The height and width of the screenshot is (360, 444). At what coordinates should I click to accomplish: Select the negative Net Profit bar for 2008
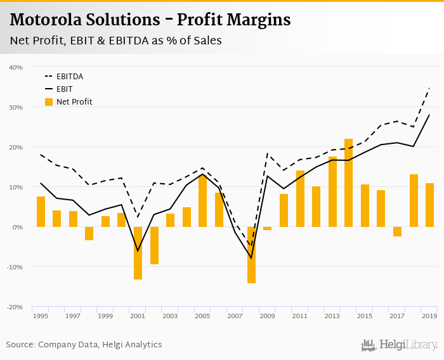(x=251, y=255)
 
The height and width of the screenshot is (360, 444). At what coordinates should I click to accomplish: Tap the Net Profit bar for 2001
(x=138, y=253)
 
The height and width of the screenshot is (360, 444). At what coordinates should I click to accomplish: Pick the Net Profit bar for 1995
(x=41, y=212)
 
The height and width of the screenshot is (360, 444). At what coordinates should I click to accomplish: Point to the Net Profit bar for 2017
(x=398, y=231)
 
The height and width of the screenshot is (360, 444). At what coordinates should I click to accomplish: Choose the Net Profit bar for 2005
(x=203, y=200)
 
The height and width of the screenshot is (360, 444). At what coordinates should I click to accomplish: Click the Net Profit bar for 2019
(x=430, y=205)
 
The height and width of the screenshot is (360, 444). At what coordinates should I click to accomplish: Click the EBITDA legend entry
(x=70, y=77)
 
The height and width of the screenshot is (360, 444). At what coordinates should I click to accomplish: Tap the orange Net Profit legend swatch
(x=49, y=101)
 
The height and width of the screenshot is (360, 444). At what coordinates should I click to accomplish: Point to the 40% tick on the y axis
(x=16, y=67)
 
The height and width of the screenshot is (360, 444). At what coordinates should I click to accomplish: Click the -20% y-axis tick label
(x=15, y=307)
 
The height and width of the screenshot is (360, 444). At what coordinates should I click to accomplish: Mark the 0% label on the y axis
(x=18, y=227)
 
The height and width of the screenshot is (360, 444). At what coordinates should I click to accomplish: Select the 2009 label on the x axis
(x=267, y=316)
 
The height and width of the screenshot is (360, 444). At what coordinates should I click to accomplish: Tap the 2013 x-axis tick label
(x=332, y=316)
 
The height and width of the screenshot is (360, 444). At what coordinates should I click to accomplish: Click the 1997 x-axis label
(x=73, y=316)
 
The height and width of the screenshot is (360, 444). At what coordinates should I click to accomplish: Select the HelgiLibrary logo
(x=399, y=345)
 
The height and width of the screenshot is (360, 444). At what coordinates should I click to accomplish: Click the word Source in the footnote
(x=20, y=345)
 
